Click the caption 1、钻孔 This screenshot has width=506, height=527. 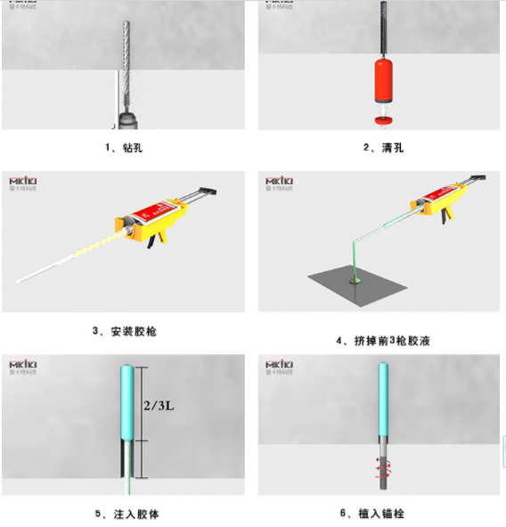pyautogui.click(x=125, y=147)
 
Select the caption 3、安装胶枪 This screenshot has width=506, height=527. pyautogui.click(x=124, y=332)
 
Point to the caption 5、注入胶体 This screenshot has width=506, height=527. pyautogui.click(x=125, y=514)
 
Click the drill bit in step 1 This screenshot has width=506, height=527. pyautogui.click(x=124, y=53)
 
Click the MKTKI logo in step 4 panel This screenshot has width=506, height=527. pyautogui.click(x=281, y=183)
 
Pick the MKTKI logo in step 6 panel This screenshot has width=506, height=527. pyautogui.click(x=281, y=366)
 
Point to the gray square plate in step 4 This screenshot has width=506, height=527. pyautogui.click(x=357, y=284)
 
